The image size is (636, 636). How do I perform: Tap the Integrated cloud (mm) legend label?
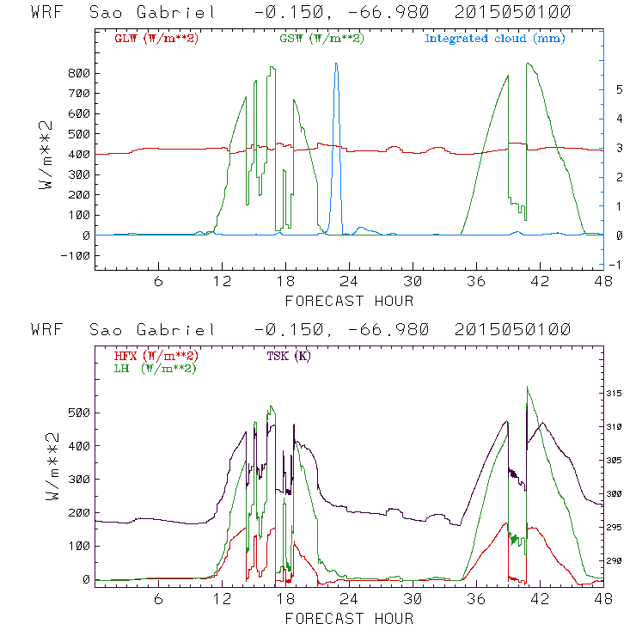click(495, 39)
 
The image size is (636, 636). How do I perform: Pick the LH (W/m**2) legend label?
click(155, 368)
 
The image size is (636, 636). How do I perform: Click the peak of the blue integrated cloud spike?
click(336, 64)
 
